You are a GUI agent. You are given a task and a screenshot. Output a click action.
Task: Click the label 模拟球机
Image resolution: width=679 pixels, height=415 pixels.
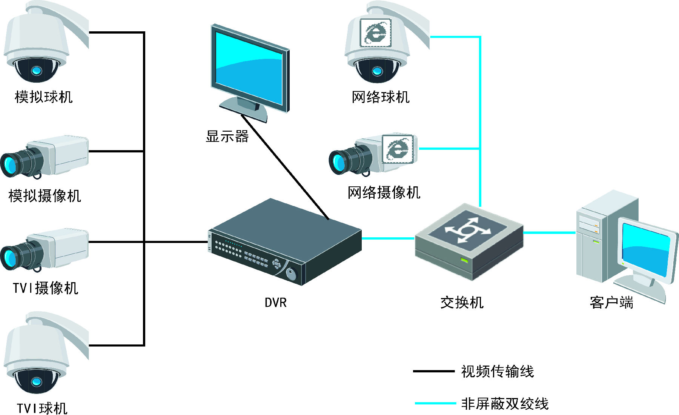click(x=43, y=97)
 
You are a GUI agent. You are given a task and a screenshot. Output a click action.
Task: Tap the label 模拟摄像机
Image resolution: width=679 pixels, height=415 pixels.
click(x=45, y=196)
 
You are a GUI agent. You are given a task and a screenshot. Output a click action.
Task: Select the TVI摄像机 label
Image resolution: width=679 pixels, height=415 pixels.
click(x=45, y=288)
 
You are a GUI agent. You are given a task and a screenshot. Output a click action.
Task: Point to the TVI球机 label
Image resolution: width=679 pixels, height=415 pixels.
click(x=42, y=408)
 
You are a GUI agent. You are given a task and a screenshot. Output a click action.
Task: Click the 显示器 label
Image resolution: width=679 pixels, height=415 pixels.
click(x=227, y=136)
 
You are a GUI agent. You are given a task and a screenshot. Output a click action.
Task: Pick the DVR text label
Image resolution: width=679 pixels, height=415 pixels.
click(x=275, y=303)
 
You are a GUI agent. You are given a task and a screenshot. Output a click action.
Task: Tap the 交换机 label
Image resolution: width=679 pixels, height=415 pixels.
click(x=462, y=303)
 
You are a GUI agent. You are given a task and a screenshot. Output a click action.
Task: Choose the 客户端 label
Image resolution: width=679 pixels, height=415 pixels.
click(x=611, y=303)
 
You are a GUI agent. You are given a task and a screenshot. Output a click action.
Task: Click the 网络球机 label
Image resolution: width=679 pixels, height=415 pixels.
click(x=380, y=97)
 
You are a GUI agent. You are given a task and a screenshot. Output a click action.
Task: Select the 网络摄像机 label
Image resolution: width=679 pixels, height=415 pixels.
click(x=384, y=192)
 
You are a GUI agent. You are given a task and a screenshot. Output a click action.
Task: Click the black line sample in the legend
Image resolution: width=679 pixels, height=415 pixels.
click(x=433, y=371)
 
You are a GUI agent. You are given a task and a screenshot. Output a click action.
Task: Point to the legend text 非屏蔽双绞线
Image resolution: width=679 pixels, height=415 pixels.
click(x=505, y=404)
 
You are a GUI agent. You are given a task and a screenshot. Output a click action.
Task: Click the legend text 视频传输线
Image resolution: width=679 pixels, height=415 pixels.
click(x=497, y=372)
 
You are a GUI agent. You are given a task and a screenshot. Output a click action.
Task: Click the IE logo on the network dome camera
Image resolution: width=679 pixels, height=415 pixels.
click(x=375, y=33)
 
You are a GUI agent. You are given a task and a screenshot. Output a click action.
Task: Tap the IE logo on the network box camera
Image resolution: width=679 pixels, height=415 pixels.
click(x=398, y=149)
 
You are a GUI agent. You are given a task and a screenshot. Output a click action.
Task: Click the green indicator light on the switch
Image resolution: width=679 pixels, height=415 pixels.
click(x=464, y=260)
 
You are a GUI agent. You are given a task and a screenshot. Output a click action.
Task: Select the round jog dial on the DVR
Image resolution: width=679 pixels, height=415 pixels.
click(x=291, y=274)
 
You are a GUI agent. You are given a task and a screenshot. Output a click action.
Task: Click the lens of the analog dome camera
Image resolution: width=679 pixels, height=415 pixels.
click(x=36, y=70)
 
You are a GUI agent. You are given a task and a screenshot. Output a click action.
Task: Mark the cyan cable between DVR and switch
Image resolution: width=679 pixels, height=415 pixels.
click(x=388, y=238)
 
